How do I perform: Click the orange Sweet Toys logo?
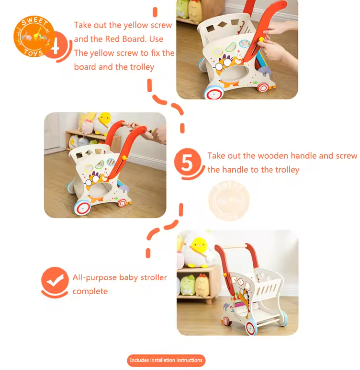[34, 36]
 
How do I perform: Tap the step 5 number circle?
[187, 162]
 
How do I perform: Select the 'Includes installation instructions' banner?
[166, 360]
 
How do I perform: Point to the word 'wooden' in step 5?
[273, 156]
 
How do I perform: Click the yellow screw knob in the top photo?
[261, 39]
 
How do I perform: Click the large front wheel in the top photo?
[214, 92]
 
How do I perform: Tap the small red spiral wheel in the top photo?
[263, 88]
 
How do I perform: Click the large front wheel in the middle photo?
[83, 207]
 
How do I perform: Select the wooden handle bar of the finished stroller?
[235, 247]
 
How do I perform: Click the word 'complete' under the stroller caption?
[90, 291]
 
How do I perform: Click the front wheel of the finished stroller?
[251, 327]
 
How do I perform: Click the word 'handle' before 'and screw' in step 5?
[304, 156]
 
